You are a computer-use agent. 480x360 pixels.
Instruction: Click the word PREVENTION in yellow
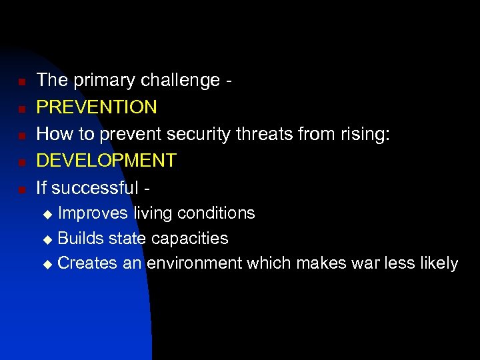tap(97, 107)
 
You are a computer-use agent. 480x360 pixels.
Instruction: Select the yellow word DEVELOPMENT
tap(106, 161)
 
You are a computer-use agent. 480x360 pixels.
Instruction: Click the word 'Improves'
tap(94, 213)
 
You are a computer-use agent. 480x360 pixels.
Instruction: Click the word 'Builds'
tap(80, 239)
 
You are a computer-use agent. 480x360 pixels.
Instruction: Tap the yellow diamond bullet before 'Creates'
tap(47, 265)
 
